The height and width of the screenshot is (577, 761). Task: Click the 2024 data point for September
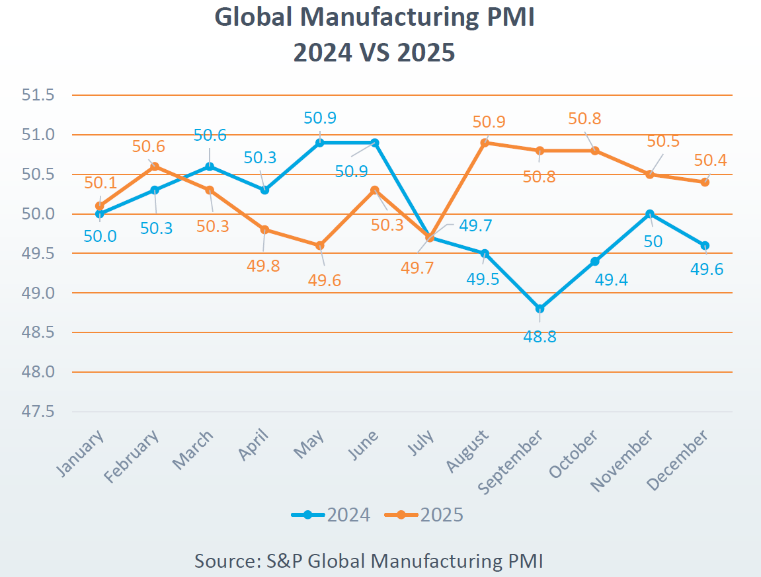[x=540, y=309]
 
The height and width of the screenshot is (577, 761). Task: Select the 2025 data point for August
[x=485, y=142]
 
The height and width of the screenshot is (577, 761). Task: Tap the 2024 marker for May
[x=320, y=142]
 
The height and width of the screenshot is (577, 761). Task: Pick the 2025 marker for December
[x=705, y=182]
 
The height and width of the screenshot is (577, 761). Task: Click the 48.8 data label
[x=540, y=336]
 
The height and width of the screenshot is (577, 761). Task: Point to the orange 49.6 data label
[x=325, y=280]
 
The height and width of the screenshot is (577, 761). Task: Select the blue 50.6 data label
[x=210, y=135]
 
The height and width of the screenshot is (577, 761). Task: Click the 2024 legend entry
[x=331, y=515]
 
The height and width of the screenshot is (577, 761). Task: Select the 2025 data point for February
[x=155, y=166]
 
